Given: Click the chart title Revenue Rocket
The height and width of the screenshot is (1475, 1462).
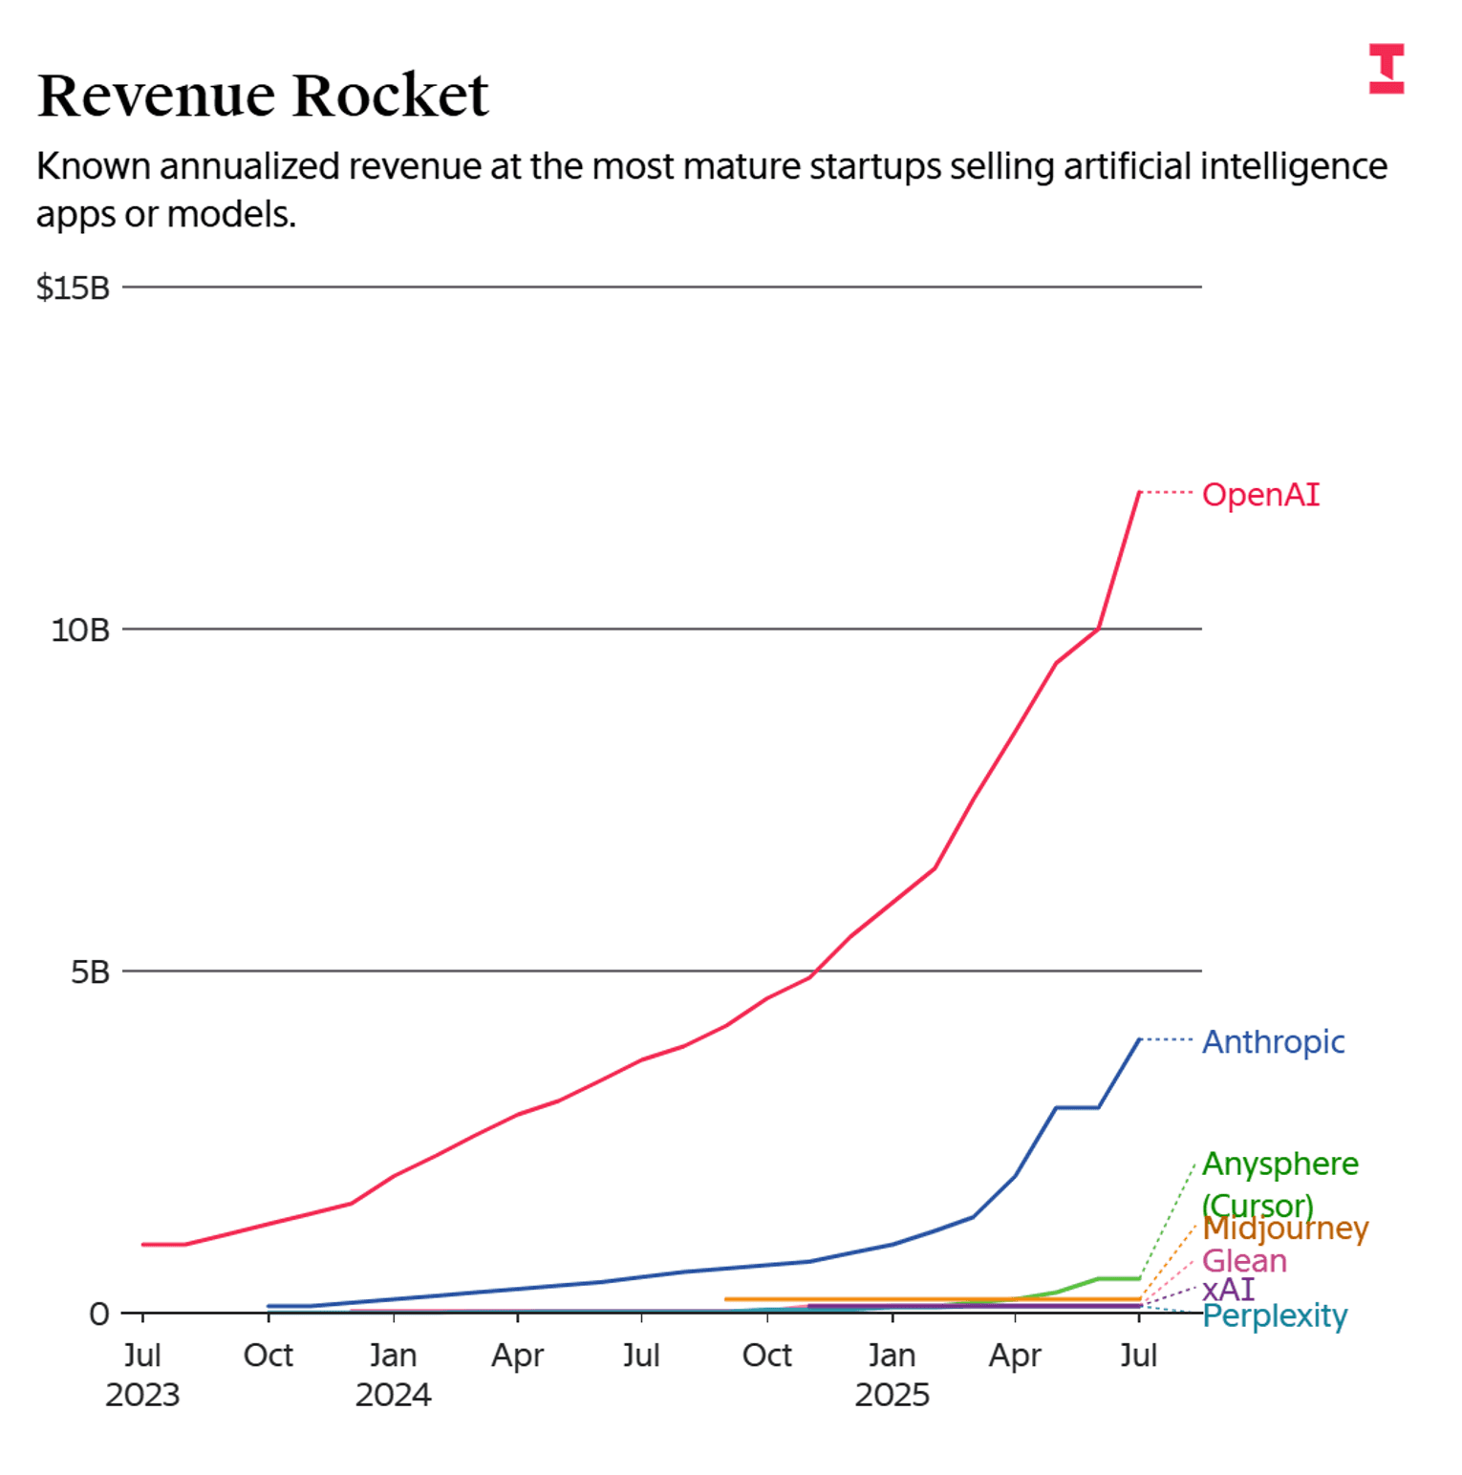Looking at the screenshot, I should point(263,96).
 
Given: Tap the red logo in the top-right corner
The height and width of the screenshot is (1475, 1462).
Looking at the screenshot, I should point(1386,69).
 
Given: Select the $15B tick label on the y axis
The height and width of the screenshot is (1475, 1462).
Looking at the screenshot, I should point(73,288).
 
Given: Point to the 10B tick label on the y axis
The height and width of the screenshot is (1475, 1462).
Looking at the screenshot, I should point(80,631).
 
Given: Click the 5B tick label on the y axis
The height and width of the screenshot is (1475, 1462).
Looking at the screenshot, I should point(90,973).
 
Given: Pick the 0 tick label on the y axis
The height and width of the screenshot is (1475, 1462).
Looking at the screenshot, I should point(98,1315).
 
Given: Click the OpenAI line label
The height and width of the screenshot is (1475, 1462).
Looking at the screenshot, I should point(1260,495).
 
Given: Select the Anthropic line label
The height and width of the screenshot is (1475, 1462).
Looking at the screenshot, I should point(1273,1041).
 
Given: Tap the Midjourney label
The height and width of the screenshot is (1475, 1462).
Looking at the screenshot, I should point(1285,1229).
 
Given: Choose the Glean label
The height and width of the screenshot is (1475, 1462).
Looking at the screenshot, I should point(1244,1261).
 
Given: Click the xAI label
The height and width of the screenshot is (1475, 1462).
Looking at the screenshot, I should point(1228,1290).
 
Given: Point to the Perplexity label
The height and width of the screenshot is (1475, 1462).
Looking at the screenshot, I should point(1275,1316).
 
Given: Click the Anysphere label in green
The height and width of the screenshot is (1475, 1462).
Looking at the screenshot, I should point(1279,1165).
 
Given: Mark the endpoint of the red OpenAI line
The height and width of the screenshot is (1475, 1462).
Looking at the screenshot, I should point(1139,492).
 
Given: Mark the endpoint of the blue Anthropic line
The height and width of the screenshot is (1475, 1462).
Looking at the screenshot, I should point(1139,1039).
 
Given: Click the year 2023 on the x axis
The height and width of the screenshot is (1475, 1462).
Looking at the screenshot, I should point(142,1395).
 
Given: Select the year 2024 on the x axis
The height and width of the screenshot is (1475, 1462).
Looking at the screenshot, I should point(393,1395).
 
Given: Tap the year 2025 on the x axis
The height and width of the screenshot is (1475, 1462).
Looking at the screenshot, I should point(892,1395).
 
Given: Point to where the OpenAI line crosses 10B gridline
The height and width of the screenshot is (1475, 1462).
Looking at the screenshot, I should point(1099,629).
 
